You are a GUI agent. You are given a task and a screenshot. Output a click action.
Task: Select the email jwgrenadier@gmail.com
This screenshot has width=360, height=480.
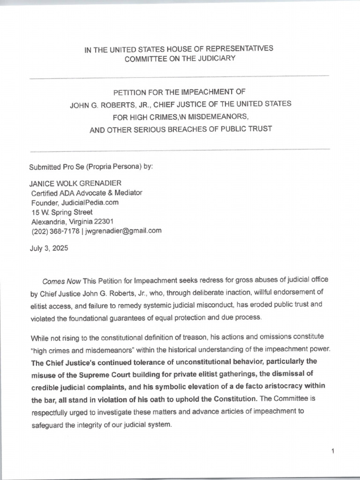(123, 231)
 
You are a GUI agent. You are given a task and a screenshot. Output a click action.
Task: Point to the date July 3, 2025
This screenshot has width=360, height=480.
(49, 248)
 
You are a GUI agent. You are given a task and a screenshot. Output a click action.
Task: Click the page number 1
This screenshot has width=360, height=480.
(332, 451)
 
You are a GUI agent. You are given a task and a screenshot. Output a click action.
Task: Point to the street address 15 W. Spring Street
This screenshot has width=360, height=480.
(62, 212)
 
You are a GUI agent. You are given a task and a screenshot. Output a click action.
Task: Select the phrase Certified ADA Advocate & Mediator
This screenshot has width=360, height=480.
(87, 193)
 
